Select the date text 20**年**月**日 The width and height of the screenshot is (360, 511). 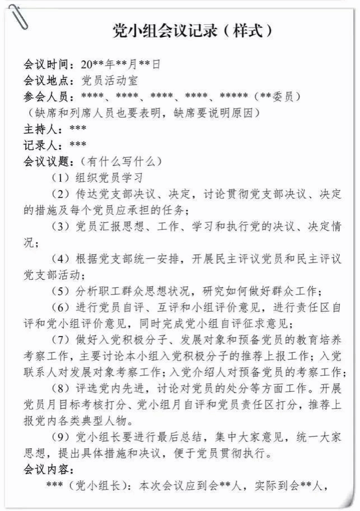pyautogui.click(x=121, y=65)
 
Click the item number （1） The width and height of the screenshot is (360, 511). pyautogui.click(x=60, y=178)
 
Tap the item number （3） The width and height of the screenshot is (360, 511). pyautogui.click(x=60, y=227)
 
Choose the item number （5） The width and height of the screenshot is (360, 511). pyautogui.click(x=60, y=292)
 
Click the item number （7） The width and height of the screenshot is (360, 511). pyautogui.click(x=60, y=340)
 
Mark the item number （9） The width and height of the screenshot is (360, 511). pyautogui.click(x=60, y=438)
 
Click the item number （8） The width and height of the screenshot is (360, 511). pyautogui.click(x=60, y=389)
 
